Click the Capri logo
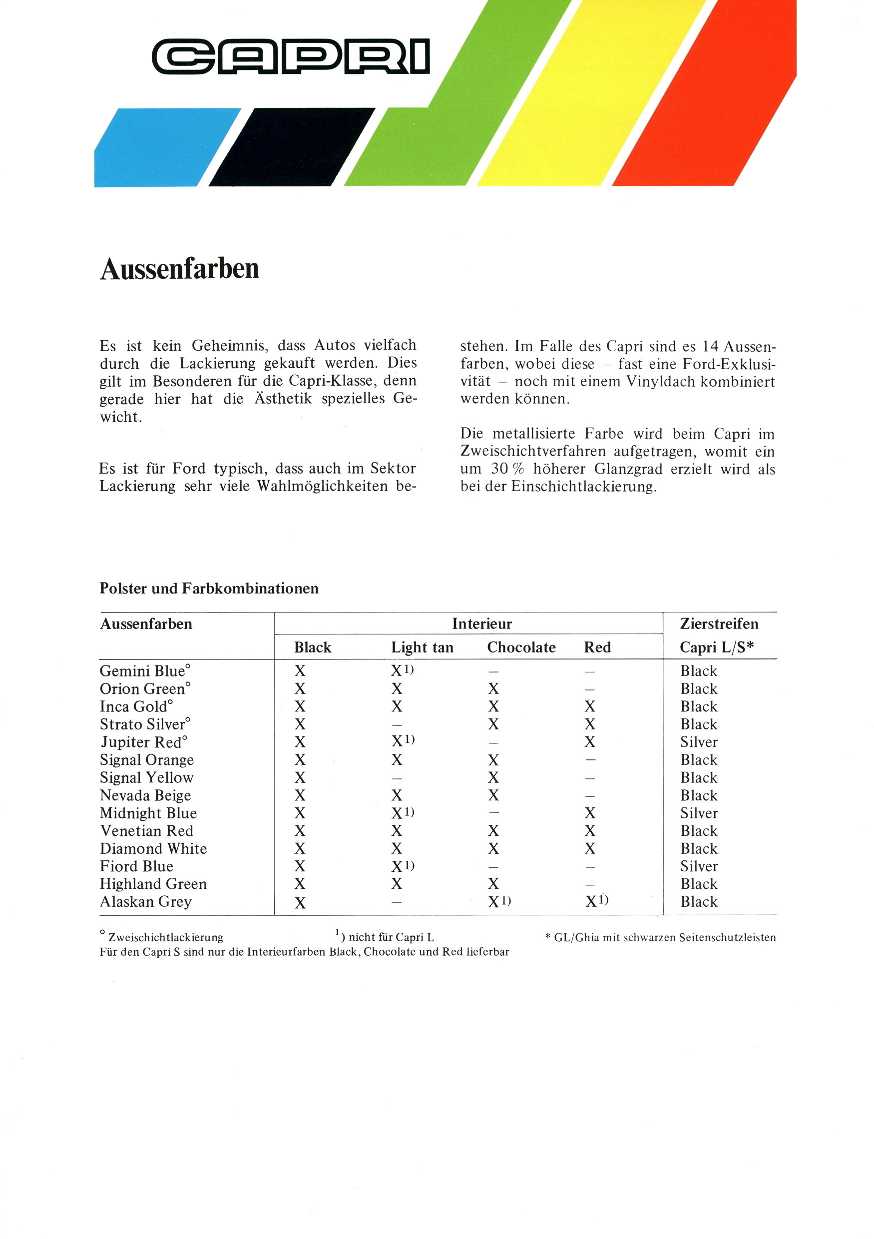[x=291, y=56]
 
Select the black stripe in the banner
[x=291, y=147]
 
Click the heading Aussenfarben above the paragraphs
[x=180, y=269]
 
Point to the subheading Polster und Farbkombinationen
[x=209, y=588]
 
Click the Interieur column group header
[x=482, y=624]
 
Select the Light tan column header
[x=422, y=647]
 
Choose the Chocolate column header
[x=521, y=647]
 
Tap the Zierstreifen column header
[x=719, y=624]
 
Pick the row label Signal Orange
[x=147, y=760]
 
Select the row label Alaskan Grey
[x=146, y=902]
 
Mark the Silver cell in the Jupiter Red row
[x=699, y=742]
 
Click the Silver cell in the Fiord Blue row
[x=699, y=866]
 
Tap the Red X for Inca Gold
[x=590, y=706]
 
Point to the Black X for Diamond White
[x=300, y=849]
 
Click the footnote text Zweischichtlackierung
[x=165, y=937]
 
